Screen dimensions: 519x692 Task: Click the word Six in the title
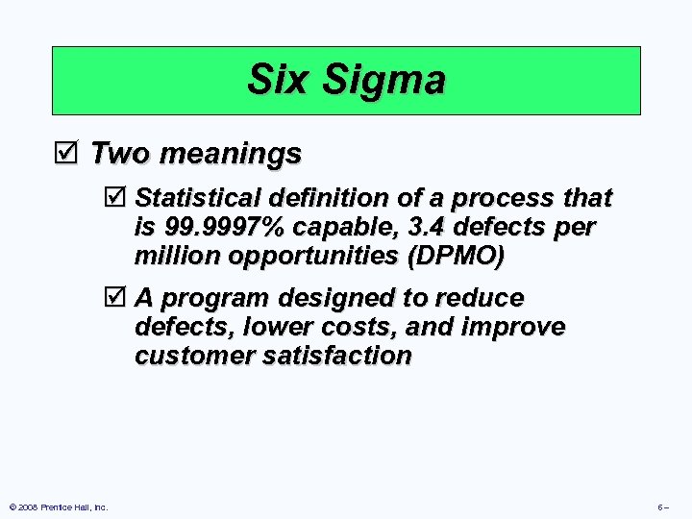click(279, 80)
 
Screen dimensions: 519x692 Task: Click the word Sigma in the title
click(384, 80)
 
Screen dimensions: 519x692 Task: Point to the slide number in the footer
click(663, 507)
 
